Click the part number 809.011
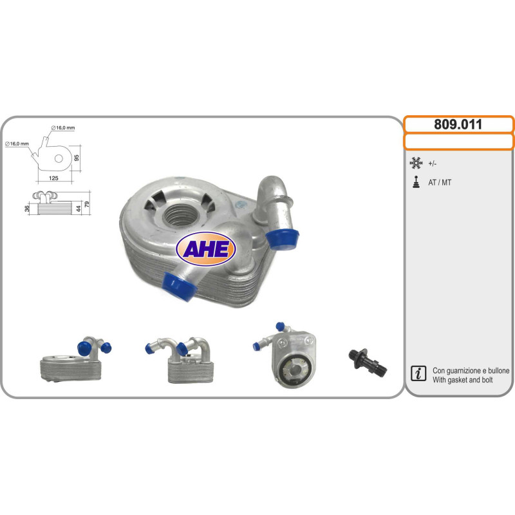(x=458, y=124)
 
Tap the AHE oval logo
(x=206, y=248)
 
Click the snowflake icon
(x=416, y=163)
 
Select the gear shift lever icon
(x=416, y=182)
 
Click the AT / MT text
(x=440, y=183)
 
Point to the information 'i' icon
(x=418, y=373)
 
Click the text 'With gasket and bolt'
(x=462, y=380)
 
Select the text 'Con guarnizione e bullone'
(x=471, y=371)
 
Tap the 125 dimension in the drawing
(x=53, y=178)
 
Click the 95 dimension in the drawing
(x=77, y=158)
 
